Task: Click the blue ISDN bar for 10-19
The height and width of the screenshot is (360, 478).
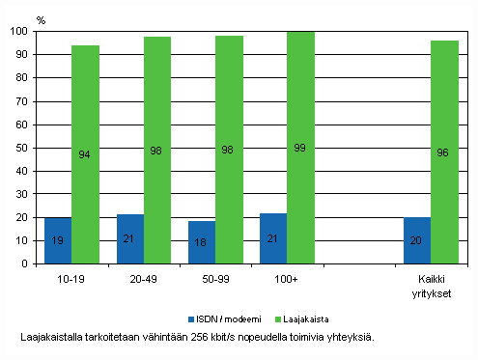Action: point(57,240)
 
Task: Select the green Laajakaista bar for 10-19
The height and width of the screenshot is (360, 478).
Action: point(85,154)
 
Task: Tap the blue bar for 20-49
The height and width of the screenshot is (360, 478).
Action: point(129,239)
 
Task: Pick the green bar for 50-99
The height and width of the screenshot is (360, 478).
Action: point(229,150)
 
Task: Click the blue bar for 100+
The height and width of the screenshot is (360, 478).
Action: point(273,238)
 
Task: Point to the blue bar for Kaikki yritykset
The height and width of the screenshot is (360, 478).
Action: point(417,240)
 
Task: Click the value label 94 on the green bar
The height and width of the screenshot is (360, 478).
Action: point(85,153)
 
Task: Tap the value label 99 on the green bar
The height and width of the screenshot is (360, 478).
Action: point(301,148)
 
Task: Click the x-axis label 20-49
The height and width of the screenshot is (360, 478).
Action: point(143,279)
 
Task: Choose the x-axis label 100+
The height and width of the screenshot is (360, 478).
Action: point(287,279)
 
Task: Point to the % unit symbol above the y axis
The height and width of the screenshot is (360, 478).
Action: point(40,18)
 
